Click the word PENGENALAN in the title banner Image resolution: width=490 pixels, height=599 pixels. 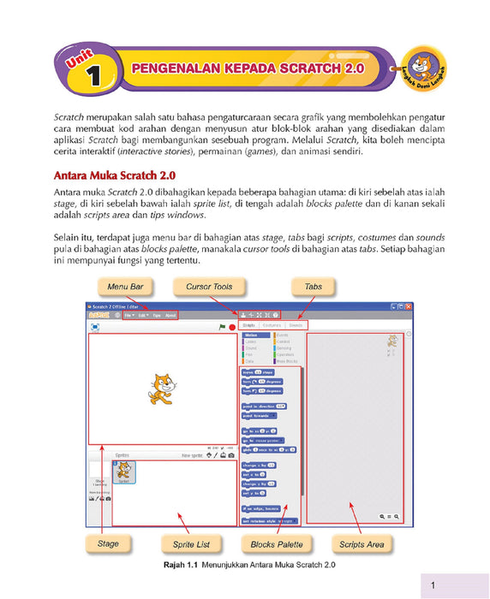pos(170,67)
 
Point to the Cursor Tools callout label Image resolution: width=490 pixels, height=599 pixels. pos(210,286)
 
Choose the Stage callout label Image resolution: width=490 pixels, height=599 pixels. pos(108,543)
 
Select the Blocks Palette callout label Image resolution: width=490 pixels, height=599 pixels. pos(276,543)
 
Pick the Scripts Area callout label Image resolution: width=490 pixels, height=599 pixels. pos(362,543)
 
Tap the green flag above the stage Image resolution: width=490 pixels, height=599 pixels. pos(222,327)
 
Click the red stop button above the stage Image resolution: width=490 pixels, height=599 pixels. pos(232,327)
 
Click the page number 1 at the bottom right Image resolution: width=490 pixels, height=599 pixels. pos(433,585)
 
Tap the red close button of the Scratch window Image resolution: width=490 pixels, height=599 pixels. pos(409,305)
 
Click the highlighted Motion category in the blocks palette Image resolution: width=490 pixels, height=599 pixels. pos(254,335)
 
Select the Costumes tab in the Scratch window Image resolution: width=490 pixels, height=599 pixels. pos(272,325)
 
